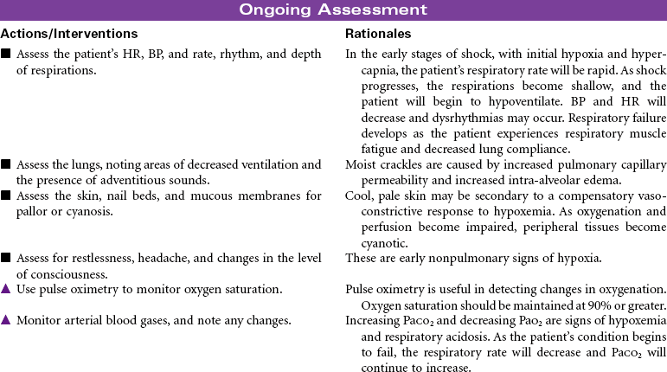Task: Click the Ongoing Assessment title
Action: coord(333,10)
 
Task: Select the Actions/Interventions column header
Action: coord(69,34)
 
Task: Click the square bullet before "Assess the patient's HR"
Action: coord(6,54)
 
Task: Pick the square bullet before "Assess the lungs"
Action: coord(6,164)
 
